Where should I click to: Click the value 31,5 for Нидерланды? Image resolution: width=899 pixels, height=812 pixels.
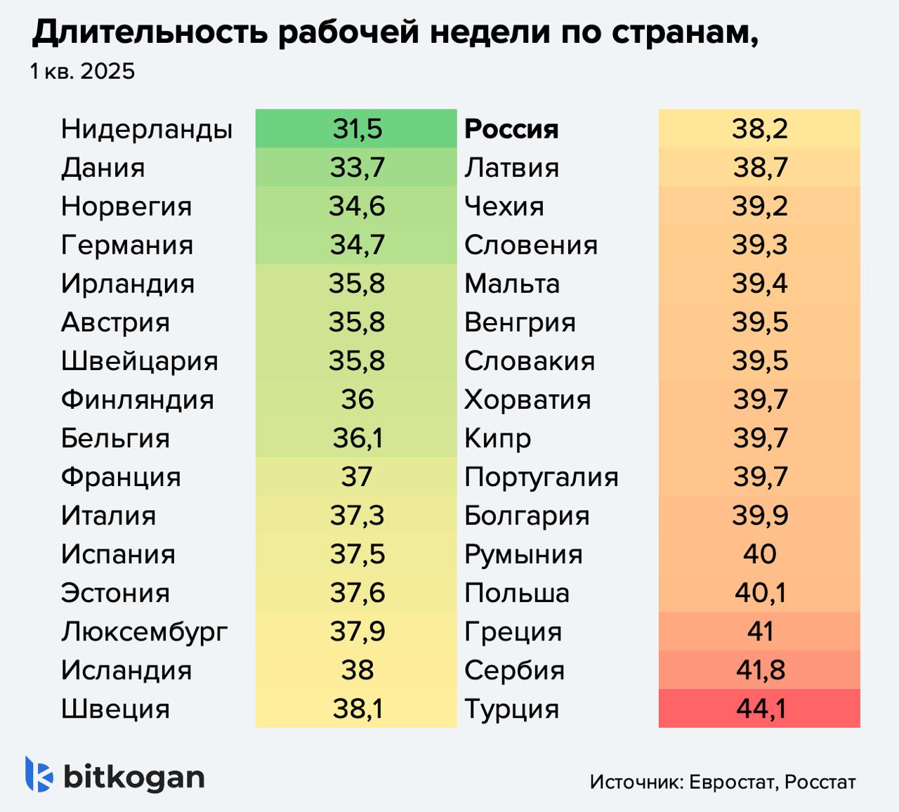point(357,129)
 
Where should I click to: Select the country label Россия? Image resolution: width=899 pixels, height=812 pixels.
point(511,129)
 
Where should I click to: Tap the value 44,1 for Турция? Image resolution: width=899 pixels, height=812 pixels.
point(760,708)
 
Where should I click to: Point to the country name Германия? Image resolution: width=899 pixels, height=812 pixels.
point(127,244)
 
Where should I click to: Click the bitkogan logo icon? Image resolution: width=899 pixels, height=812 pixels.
point(39,775)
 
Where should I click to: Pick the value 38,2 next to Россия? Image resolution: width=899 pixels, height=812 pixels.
point(760,129)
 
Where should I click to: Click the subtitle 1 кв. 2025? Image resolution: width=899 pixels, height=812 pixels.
point(82,71)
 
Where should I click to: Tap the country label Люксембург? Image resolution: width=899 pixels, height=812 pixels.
point(144,631)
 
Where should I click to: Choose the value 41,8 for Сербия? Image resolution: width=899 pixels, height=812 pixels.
point(760,669)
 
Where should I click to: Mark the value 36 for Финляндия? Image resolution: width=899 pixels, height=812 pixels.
point(357,399)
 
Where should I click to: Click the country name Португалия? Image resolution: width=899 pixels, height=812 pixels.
point(542,476)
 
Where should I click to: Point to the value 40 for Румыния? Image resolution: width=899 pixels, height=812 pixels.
point(760,554)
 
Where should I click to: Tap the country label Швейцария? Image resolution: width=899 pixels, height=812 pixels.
point(139,360)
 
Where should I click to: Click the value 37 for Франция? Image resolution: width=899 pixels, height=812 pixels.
point(357,476)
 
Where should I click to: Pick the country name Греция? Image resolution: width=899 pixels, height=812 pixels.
point(513,631)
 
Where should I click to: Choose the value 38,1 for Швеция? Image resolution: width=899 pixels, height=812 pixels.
point(357,708)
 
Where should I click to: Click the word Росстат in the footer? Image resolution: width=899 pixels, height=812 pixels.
point(820,782)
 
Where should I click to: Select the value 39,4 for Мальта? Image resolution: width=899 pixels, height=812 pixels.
point(760,283)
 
